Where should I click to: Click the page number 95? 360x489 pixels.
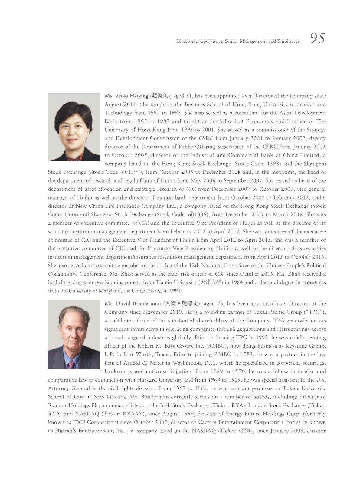tap(317, 38)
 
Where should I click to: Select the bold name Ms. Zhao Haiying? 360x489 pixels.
tap(126, 96)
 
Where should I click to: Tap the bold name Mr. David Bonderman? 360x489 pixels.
tap(133, 304)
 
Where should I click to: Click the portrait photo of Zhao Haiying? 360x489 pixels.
tap(74, 127)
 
